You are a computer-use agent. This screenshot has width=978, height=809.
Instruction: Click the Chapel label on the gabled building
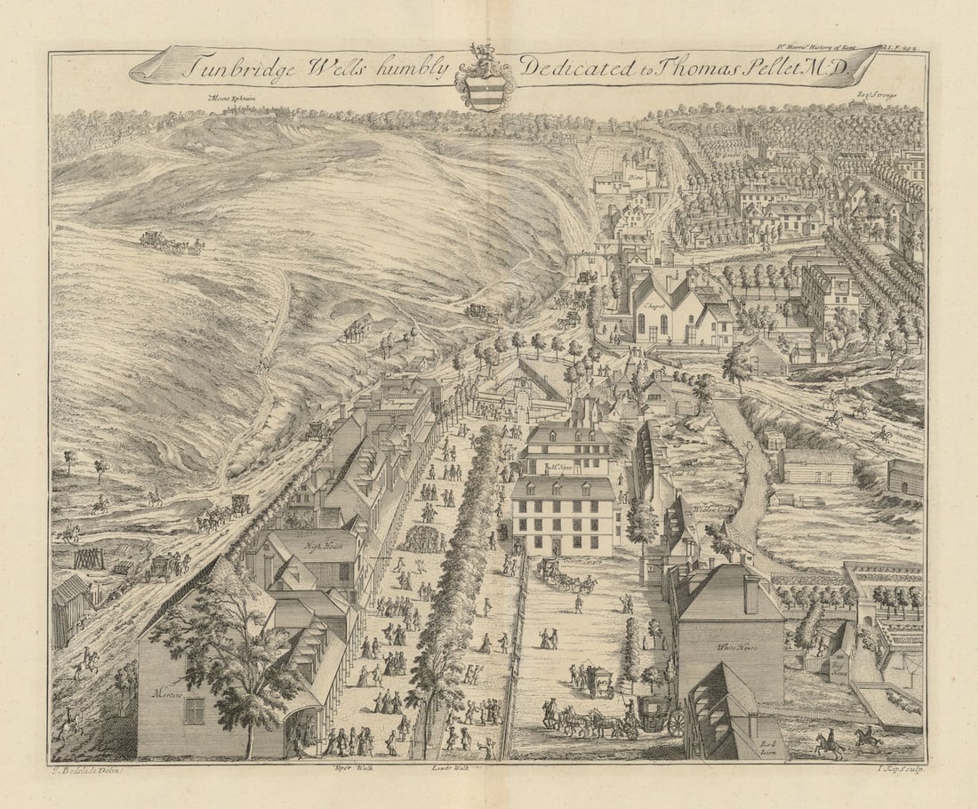tap(653, 303)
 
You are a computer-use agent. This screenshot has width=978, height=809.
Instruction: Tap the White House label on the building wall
tap(734, 646)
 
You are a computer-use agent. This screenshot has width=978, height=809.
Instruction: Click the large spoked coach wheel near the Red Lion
tap(676, 722)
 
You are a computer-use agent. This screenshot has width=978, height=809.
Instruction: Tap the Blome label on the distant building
tap(636, 177)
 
